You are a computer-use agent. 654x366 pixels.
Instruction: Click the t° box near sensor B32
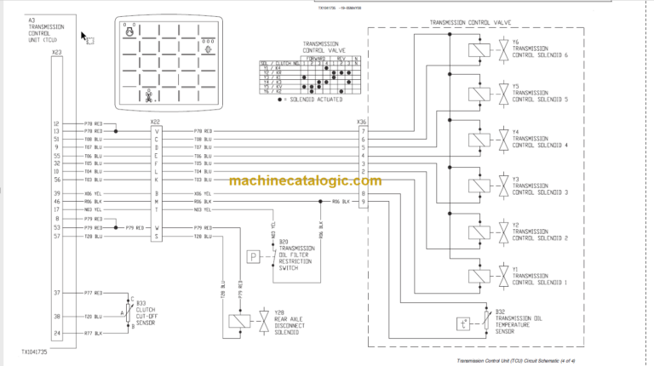point(462,323)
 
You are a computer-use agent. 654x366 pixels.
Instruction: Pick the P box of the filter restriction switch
point(253,255)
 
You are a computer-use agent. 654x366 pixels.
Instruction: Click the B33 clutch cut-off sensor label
point(152,312)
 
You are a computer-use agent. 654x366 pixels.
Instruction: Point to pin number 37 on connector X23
point(56,292)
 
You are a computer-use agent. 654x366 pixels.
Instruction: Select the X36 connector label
point(361,122)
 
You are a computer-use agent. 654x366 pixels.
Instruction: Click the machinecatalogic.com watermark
point(305,181)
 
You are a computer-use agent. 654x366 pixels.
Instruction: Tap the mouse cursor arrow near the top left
point(84,37)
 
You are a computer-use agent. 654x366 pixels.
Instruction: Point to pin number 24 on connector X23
point(56,333)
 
